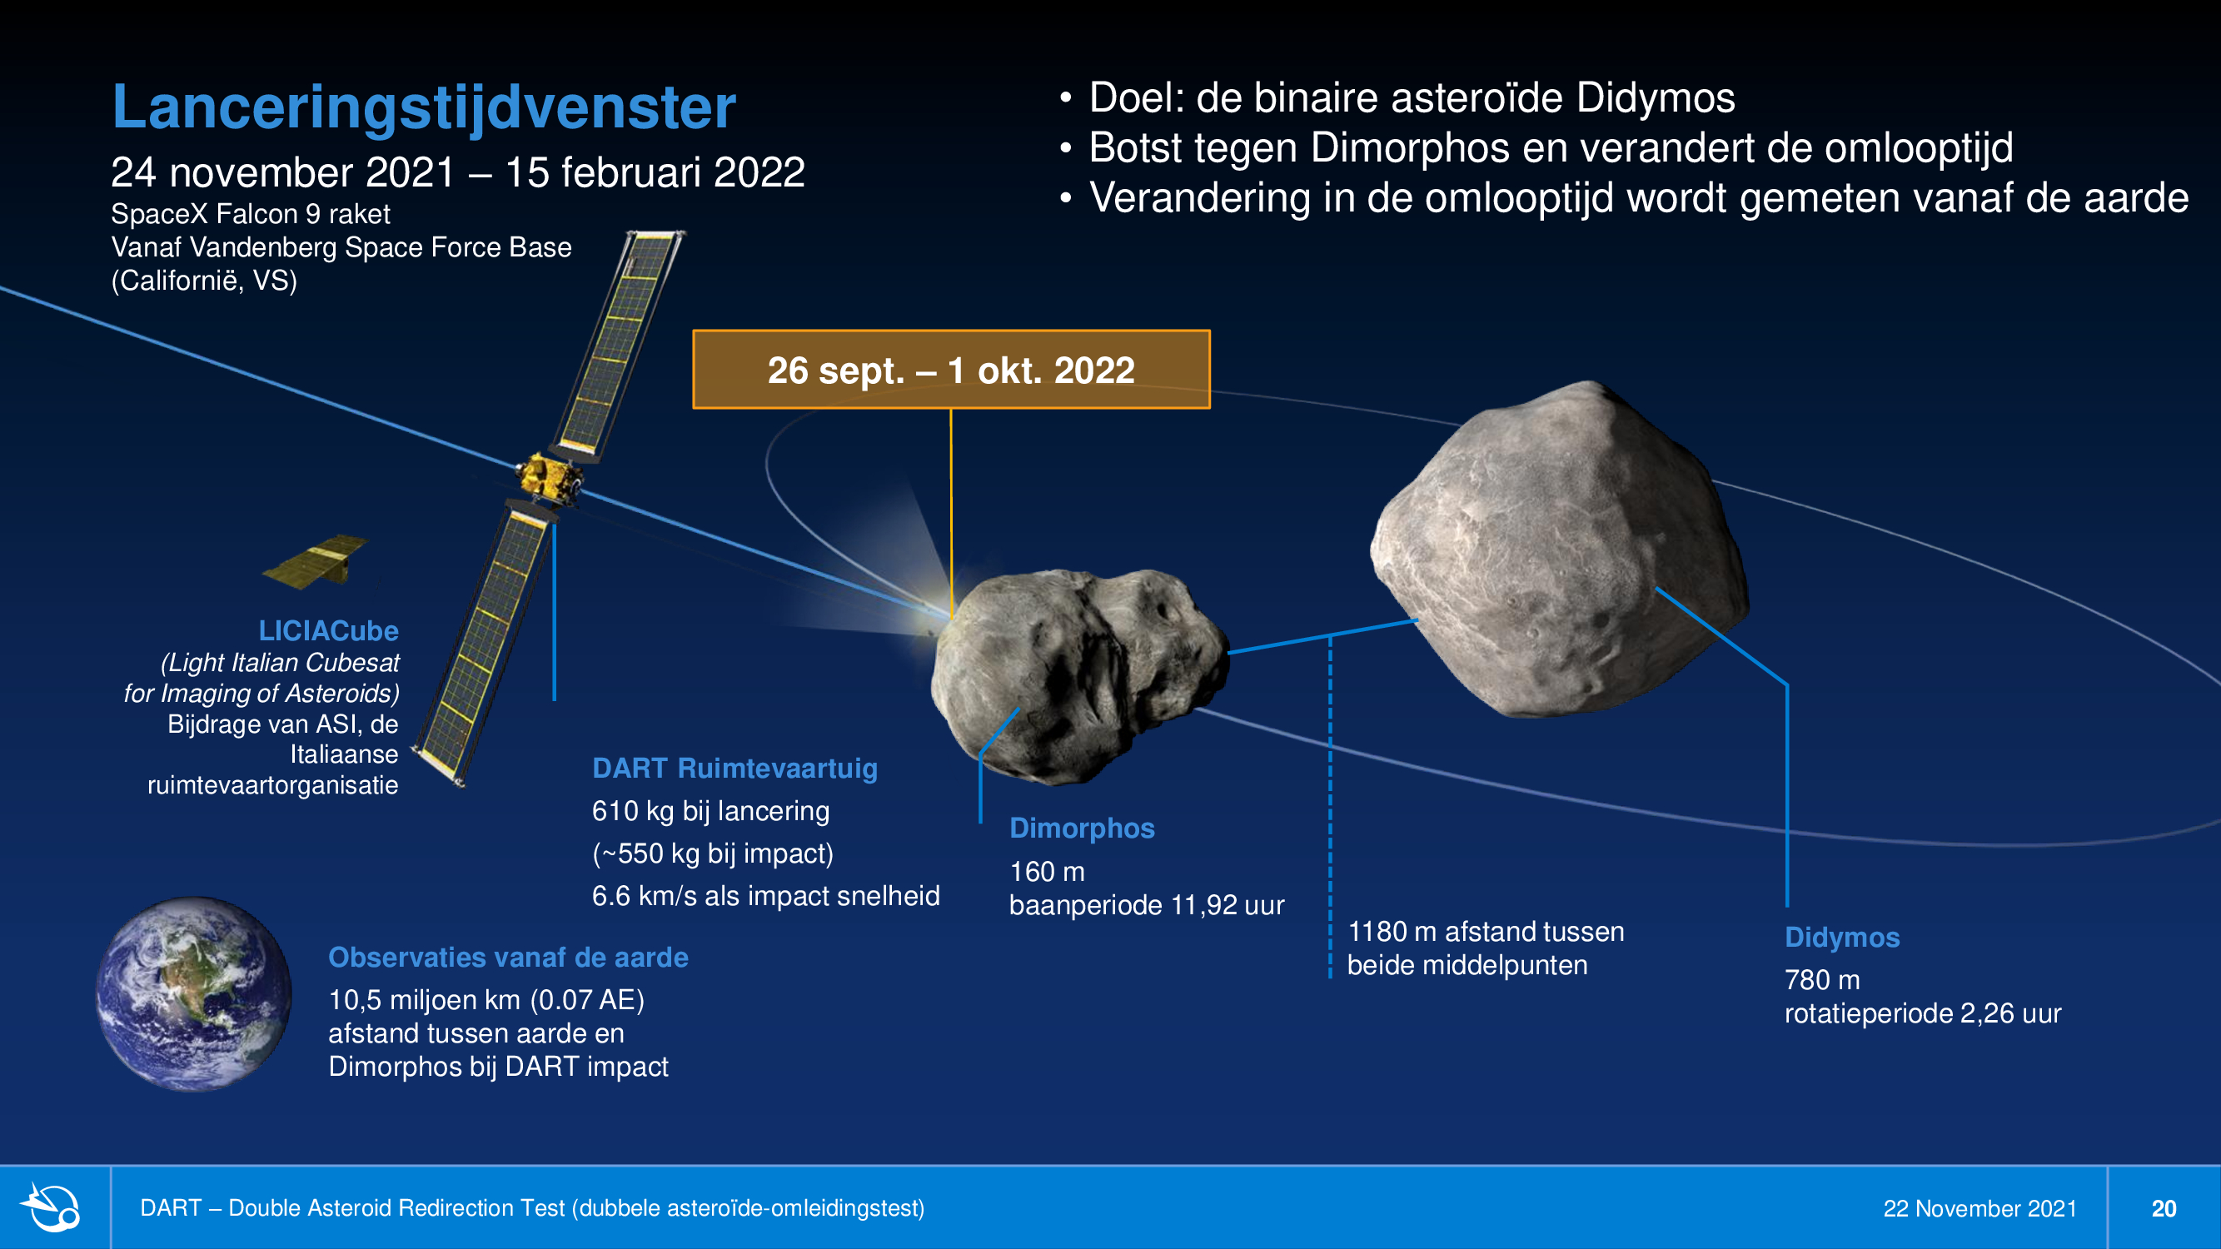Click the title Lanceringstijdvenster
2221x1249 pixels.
coord(423,108)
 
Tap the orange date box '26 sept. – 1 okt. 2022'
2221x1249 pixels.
coord(951,369)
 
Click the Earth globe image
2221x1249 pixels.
coord(193,994)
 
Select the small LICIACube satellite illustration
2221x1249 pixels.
coord(316,561)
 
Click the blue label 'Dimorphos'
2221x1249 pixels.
coord(1082,829)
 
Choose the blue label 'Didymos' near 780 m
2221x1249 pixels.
coord(1841,938)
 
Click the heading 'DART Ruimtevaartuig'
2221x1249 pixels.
coord(735,768)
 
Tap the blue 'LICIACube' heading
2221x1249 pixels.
coord(328,631)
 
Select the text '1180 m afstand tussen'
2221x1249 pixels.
coord(1486,932)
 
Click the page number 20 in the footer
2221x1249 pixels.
coord(2164,1208)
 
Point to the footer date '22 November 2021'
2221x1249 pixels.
coord(1979,1208)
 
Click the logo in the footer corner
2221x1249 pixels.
coord(53,1207)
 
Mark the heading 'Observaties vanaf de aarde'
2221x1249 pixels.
coord(508,958)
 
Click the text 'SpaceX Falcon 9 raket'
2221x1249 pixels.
coord(250,214)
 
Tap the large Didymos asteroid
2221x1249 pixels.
coord(1561,549)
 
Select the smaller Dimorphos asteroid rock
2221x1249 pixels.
coord(1079,676)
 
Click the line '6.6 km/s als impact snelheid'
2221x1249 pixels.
coord(765,897)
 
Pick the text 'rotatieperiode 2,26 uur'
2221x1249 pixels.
coord(1923,1013)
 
